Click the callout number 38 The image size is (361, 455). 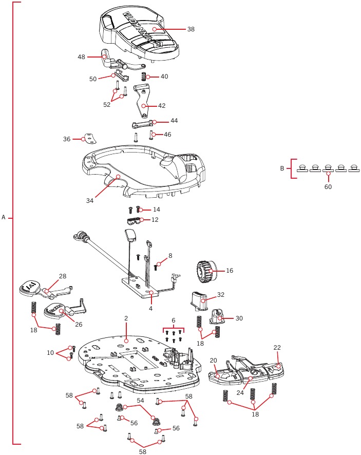coord(191,29)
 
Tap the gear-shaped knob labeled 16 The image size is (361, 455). coord(204,270)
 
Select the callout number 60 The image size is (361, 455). coord(328,187)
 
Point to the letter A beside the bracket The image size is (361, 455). coord(4,217)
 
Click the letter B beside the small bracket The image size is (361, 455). coord(282,168)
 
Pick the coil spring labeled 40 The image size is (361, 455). coord(144,77)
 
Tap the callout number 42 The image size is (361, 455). coord(161,105)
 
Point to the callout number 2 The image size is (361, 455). coord(125,318)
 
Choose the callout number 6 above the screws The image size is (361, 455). coord(173,320)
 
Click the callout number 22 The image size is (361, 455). coord(277,348)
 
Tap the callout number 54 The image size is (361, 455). coord(140,400)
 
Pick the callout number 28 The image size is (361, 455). coord(62,276)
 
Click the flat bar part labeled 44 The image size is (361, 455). coord(142,125)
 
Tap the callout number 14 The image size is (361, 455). coord(156,210)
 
